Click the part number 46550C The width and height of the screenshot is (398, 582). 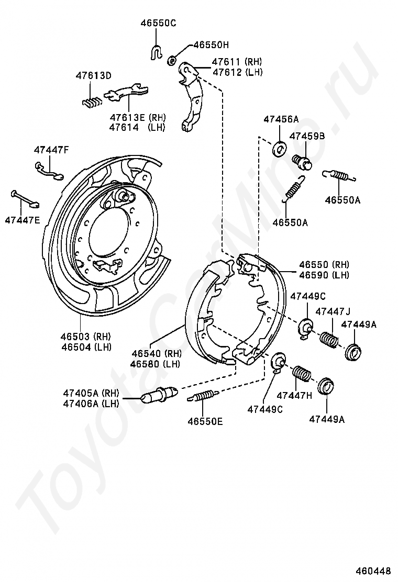(158, 23)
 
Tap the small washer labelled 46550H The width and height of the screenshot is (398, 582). (171, 61)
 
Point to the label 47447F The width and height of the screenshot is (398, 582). (51, 150)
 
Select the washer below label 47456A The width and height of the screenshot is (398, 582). (279, 149)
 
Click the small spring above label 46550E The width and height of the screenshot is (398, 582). (202, 396)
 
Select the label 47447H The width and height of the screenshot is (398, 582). (294, 396)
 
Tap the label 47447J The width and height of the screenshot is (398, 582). (333, 312)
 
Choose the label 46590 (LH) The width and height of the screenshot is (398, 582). (324, 275)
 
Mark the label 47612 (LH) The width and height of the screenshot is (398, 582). (237, 72)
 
